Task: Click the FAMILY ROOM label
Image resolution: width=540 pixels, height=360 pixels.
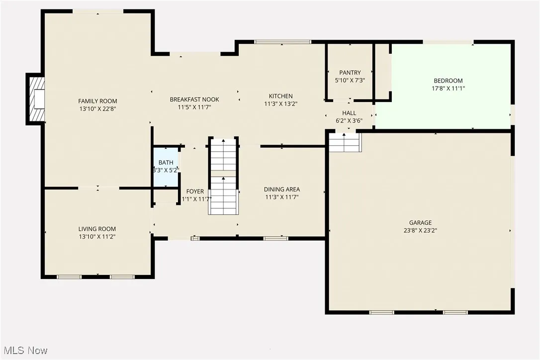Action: tap(97, 101)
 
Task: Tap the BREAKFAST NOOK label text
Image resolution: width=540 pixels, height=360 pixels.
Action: tap(194, 99)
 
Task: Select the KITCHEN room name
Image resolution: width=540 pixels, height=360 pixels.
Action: tap(281, 96)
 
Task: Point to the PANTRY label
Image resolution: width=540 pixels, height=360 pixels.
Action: tap(350, 73)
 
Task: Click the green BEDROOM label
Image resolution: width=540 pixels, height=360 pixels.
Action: tap(448, 81)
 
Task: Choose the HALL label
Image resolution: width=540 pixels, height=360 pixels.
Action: tap(349, 113)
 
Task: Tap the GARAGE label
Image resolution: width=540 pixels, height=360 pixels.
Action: tap(420, 223)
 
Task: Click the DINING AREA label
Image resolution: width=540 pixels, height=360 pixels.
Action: tap(281, 189)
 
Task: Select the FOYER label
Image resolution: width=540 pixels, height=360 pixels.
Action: tap(195, 191)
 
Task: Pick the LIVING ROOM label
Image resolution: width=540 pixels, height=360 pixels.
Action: tap(97, 229)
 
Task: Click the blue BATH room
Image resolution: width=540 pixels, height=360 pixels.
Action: tap(166, 166)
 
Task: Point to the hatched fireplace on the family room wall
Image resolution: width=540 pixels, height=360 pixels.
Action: tap(36, 99)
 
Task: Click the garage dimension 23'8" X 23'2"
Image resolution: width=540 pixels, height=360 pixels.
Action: tap(420, 230)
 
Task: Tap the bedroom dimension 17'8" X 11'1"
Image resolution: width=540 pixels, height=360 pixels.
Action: tap(448, 88)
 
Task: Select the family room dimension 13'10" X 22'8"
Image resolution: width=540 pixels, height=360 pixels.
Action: tap(97, 108)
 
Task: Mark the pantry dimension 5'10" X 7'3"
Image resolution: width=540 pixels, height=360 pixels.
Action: tap(350, 80)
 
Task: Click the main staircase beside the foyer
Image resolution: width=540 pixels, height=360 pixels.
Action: tap(223, 177)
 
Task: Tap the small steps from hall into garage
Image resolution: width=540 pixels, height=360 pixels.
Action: tap(345, 143)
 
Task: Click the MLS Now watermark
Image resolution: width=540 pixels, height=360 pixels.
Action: tap(24, 351)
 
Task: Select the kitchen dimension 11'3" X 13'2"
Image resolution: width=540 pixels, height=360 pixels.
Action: tap(281, 104)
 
